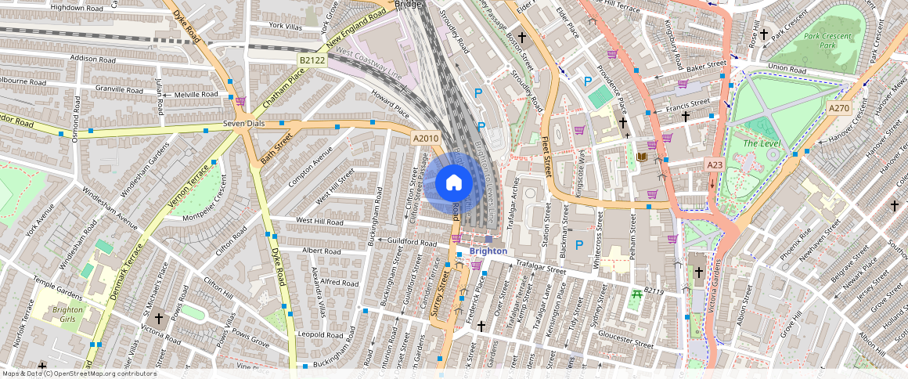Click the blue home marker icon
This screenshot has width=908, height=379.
point(453,183)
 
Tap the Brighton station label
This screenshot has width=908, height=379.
point(488,251)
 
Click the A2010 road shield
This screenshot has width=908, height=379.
point(426,139)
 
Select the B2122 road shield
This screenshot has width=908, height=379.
point(311,60)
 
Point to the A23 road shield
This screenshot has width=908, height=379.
point(715,165)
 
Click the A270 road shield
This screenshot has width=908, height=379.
point(838,108)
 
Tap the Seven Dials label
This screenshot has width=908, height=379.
point(245,124)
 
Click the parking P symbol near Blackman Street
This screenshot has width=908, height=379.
point(579,245)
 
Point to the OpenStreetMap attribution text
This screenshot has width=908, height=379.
point(78,374)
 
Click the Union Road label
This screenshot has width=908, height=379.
point(786,68)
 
